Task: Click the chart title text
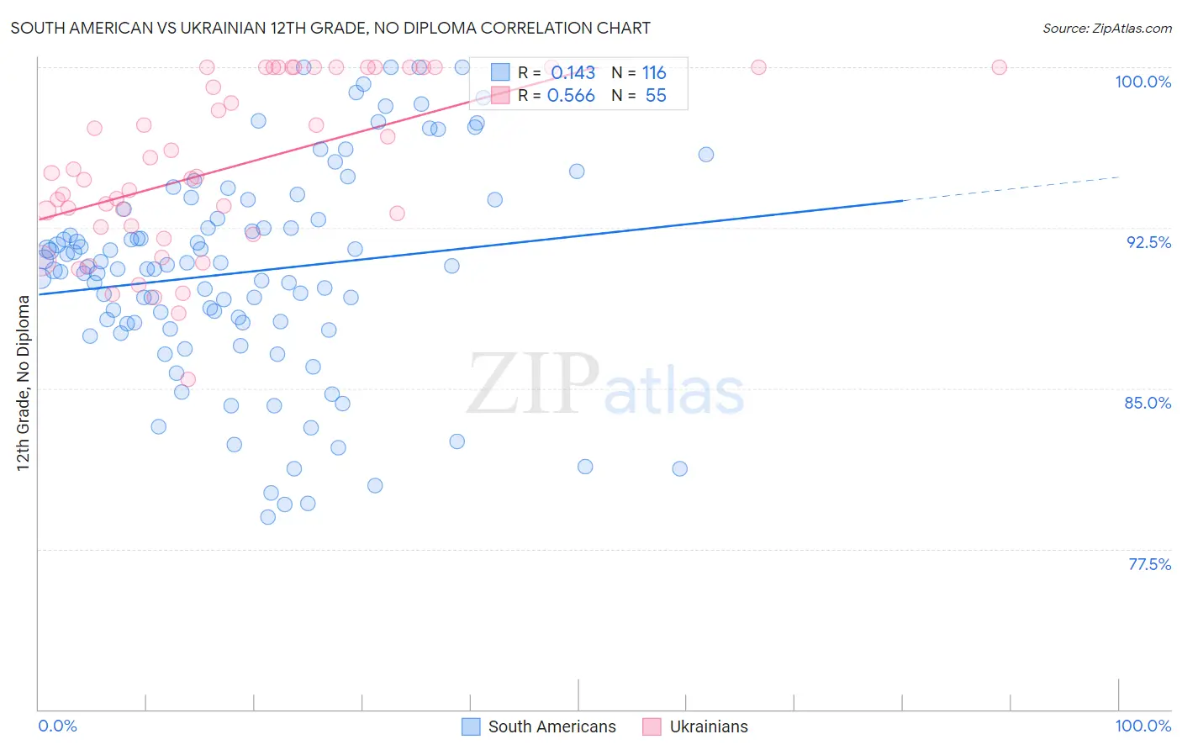coord(330,28)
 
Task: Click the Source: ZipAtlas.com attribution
coord(1106,28)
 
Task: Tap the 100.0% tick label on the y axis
coord(1142,82)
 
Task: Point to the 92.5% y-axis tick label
coord(1148,242)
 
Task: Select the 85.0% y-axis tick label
coord(1148,403)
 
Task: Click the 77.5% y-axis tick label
coord(1148,564)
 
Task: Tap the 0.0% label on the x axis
coord(57,726)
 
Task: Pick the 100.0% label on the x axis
coord(1142,726)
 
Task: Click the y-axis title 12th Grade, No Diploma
coord(24,383)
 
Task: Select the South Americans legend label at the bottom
coord(551,726)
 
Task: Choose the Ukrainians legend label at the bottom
coord(708,726)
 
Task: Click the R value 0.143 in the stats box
coord(573,73)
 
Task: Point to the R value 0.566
coord(571,96)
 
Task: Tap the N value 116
coord(654,73)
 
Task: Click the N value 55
coord(656,96)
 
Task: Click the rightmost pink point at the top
coord(999,67)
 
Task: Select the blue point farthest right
coord(706,155)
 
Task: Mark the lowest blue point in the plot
coord(268,517)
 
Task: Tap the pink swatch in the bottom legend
coord(652,726)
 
